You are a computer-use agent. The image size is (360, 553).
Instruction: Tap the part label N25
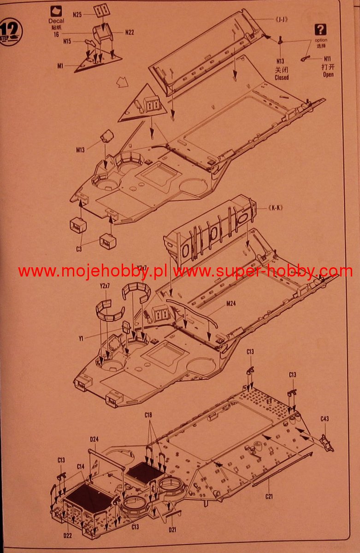pos(77,15)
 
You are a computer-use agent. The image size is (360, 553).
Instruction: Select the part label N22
pos(130,32)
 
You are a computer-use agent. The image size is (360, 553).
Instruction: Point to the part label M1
pos(60,66)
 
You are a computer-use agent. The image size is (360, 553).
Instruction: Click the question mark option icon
pos(320,30)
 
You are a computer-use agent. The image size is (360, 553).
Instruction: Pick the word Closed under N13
pos(281,77)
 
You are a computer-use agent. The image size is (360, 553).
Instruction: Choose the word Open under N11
pos(328,74)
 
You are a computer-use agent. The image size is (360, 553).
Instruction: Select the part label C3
pos(79,249)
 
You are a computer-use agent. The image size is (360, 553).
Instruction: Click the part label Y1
pos(81,338)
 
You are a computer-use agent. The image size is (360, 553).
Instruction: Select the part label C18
pos(148,415)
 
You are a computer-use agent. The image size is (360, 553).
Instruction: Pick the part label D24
pos(94,439)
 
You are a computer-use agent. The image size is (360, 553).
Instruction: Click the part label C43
pos(325,419)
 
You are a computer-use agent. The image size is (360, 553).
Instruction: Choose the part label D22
pos(67,522)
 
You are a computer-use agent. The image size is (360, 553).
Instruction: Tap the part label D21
pos(172,529)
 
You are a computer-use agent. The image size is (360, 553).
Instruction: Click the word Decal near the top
pos(56,21)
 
